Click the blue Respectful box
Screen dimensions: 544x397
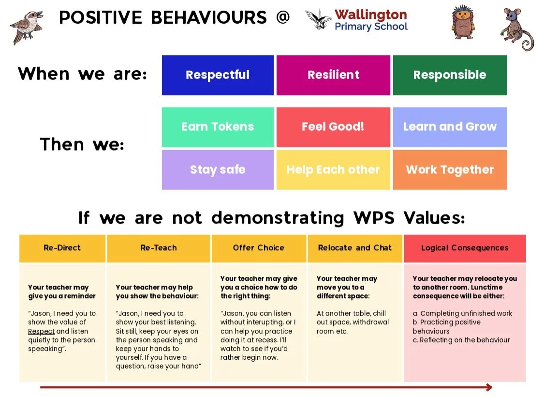[x=218, y=75]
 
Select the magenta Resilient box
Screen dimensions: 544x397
[x=333, y=75]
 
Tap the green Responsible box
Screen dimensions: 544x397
[x=450, y=75]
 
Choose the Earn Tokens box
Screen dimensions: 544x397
[x=218, y=127]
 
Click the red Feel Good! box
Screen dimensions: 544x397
[x=333, y=127]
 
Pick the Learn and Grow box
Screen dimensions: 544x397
[x=450, y=127]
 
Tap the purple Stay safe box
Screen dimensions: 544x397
[x=218, y=170]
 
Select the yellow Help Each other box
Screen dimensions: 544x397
[x=333, y=170]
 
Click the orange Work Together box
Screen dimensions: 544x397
[x=450, y=170]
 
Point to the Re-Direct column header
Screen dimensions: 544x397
[x=62, y=248]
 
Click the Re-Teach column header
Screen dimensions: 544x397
[x=159, y=248]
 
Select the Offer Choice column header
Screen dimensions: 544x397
[x=259, y=248]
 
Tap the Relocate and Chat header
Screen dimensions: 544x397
[x=355, y=248]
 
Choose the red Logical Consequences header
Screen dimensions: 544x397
[x=465, y=248]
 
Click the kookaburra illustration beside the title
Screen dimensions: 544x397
[x=27, y=27]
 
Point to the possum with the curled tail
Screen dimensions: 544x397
[x=516, y=30]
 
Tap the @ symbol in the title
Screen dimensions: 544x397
[x=283, y=17]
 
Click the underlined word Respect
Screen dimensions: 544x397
[x=41, y=331]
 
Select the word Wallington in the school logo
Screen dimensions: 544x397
[x=370, y=15]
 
